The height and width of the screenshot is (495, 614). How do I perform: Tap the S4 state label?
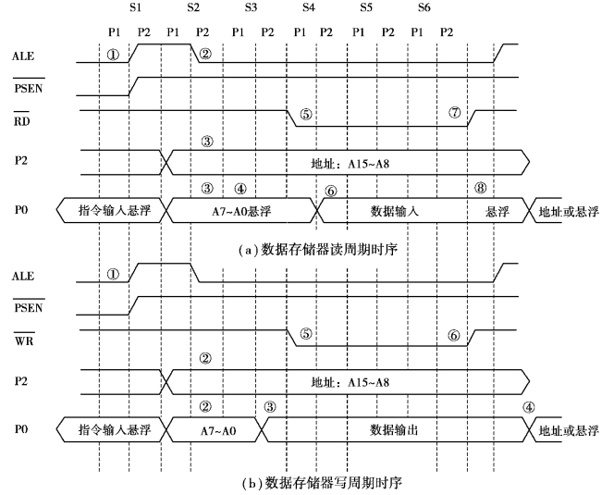coord(309,7)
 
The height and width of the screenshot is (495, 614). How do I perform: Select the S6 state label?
coord(424,7)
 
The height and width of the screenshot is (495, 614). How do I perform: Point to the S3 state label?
coord(251,7)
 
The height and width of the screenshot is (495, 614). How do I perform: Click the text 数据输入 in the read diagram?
coord(396,212)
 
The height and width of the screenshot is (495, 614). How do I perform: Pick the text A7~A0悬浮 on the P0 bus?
coord(241,212)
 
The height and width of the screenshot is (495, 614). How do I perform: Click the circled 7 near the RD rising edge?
coord(454,113)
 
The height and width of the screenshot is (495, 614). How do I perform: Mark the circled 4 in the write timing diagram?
coord(528,407)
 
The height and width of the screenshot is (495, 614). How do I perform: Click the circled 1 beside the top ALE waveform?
coord(113,54)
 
